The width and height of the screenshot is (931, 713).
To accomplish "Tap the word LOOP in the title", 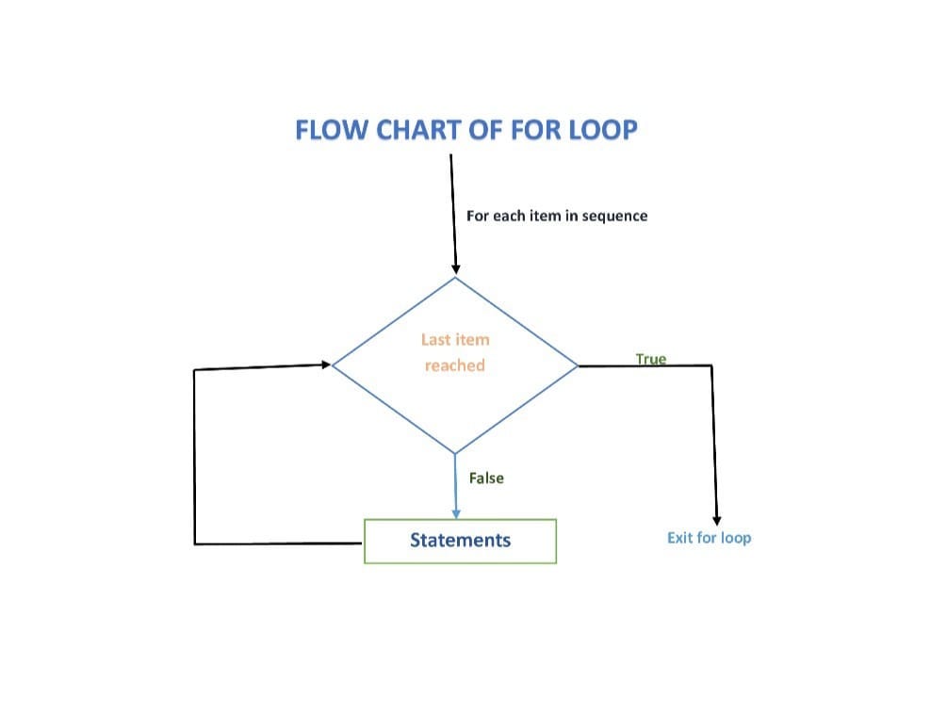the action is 603,130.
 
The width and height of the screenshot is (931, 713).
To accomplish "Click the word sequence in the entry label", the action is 614,216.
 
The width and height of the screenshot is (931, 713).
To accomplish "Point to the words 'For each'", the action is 496,216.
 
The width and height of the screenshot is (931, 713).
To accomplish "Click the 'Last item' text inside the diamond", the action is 455,340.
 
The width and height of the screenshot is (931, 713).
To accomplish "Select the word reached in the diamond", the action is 455,365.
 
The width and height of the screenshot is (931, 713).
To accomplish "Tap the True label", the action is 651,359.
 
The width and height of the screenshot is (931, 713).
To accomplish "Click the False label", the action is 486,478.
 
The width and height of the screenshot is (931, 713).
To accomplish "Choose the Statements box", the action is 460,541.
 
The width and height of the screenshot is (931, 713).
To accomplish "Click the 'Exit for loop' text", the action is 709,538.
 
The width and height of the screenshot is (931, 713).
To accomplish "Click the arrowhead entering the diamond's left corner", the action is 326,365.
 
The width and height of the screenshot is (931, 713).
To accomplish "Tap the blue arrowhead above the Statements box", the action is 456,513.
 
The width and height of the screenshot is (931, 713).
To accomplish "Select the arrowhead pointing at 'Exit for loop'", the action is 717,521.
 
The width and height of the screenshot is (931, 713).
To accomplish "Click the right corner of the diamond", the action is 577,365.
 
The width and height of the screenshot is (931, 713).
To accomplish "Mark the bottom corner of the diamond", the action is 455,454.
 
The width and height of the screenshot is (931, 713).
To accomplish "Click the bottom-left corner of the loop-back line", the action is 195,543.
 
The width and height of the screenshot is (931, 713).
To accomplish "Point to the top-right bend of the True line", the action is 711,365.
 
